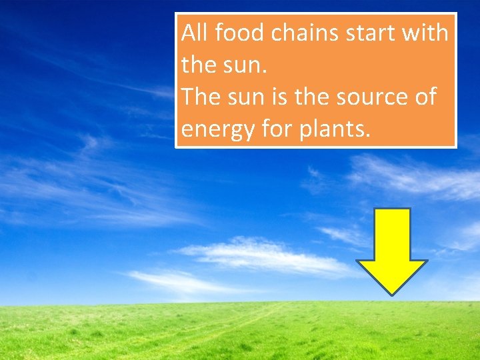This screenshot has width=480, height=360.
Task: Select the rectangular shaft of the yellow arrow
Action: click(392, 233)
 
